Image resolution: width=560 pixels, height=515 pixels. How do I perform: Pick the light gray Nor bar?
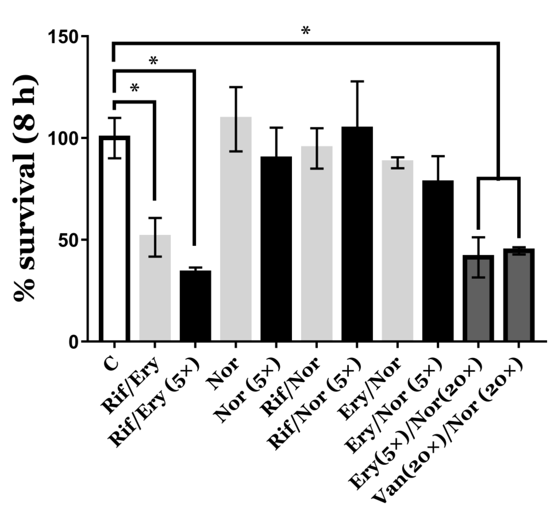(236, 229)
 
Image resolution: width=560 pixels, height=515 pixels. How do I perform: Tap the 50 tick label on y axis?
(70, 240)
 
